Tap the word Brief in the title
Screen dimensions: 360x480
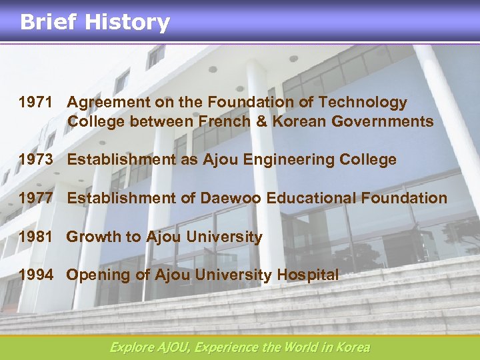click(x=48, y=23)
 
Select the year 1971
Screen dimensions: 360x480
click(x=35, y=103)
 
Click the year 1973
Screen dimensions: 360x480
click(x=35, y=160)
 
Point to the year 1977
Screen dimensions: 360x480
click(x=35, y=198)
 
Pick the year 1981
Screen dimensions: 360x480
click(x=35, y=237)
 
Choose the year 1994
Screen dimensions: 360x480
click(x=35, y=275)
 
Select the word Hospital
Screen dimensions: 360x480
click(x=308, y=275)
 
